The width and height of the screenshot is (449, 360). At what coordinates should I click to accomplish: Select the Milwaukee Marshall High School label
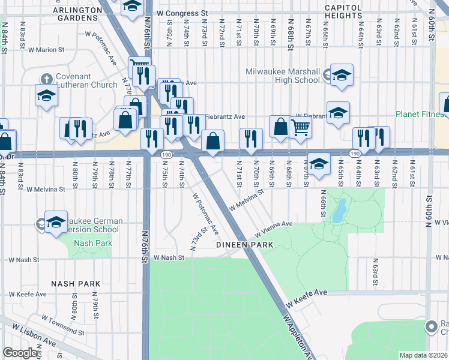pos(283,76)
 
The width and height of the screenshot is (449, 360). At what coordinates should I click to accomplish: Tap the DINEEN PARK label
pos(245,245)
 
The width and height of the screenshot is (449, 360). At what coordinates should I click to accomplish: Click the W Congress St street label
pos(181,13)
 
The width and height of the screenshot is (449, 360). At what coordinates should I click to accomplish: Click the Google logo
pos(20,352)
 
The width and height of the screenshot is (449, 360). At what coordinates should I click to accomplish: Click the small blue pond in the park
pos(340,210)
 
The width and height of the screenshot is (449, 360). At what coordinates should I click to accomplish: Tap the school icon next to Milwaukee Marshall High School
pos(341,75)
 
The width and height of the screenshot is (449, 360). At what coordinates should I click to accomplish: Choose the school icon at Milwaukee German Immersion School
pos(56,222)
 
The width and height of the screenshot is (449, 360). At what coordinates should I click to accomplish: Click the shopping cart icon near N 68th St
pos(300,127)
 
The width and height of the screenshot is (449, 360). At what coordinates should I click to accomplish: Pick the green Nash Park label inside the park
pos(89,243)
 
